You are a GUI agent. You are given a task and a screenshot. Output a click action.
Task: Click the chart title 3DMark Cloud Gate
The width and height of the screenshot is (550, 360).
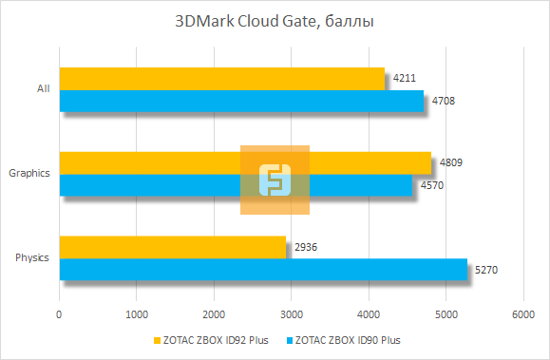275,22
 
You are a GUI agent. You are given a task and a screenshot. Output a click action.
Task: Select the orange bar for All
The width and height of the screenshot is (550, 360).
222,79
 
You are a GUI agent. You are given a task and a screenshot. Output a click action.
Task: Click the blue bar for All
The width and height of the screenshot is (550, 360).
241,101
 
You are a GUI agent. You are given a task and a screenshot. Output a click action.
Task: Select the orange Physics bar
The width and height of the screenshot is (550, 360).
172,247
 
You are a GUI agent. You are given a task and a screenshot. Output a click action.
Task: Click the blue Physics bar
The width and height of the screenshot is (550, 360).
263,270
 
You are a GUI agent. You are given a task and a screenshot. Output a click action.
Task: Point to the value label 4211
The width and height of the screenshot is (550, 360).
405,78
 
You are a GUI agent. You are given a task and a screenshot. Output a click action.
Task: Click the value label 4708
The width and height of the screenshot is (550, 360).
444,101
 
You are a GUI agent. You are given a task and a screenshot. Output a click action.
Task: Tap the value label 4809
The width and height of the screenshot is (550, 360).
451,162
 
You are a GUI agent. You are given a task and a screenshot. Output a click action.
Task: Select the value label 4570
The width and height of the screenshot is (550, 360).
432,185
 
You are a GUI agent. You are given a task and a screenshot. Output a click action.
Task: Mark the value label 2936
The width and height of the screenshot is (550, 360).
307,247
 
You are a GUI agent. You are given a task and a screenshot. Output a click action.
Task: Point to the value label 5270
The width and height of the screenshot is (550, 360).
486,270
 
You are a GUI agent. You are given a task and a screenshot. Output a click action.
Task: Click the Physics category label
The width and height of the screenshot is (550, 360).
33,258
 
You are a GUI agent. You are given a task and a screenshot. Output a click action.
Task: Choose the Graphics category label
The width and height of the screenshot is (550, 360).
29,174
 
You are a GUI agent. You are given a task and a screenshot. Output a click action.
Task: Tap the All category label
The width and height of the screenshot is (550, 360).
43,89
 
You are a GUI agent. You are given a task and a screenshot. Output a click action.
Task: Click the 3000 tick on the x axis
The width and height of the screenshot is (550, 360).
291,313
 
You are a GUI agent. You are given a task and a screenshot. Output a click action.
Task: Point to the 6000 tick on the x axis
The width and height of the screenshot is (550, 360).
522,313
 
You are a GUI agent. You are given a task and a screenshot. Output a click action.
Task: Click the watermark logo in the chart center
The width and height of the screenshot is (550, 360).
275,180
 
